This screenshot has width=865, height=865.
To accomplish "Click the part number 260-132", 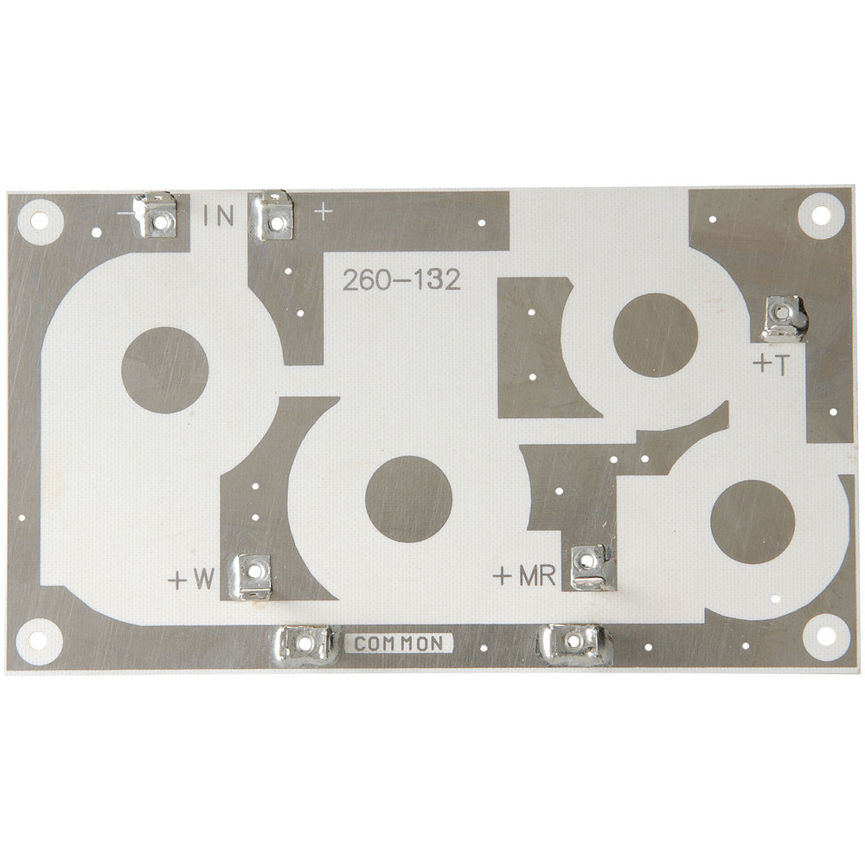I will (x=400, y=280).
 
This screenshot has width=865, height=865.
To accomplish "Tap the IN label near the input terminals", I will (x=219, y=215).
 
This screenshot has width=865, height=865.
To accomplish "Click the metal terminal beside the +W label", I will (x=251, y=576).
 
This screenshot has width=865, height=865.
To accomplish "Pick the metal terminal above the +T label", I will (x=784, y=317).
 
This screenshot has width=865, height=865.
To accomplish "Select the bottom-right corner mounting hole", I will (x=823, y=637).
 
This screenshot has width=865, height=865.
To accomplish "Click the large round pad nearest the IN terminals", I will (x=164, y=370).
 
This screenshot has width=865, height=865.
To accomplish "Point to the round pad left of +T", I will (x=655, y=335).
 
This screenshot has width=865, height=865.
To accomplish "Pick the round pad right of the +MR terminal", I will (x=752, y=521).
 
